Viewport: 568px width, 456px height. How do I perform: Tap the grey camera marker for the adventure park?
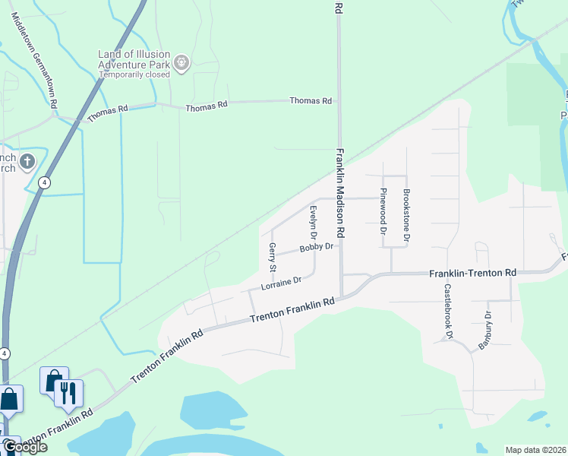[x=181, y=63]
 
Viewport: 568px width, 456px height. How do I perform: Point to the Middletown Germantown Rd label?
[x=34, y=60]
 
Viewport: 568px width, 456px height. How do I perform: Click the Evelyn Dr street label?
[x=312, y=225]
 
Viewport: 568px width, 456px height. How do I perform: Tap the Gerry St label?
[x=272, y=258]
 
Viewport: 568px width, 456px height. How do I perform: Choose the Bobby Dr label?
[x=316, y=248]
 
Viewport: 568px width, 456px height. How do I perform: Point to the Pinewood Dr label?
[x=383, y=211]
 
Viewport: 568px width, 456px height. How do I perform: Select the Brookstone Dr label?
[x=406, y=216]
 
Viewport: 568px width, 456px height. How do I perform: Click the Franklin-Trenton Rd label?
[x=472, y=273]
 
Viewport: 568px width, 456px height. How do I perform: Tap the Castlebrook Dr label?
[x=449, y=311]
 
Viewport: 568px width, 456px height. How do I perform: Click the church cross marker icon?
[x=27, y=161]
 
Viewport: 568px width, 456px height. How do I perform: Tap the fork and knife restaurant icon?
[x=68, y=392]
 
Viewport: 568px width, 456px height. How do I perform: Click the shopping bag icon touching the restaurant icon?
[x=54, y=380]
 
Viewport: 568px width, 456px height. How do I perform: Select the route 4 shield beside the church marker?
[x=46, y=182]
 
